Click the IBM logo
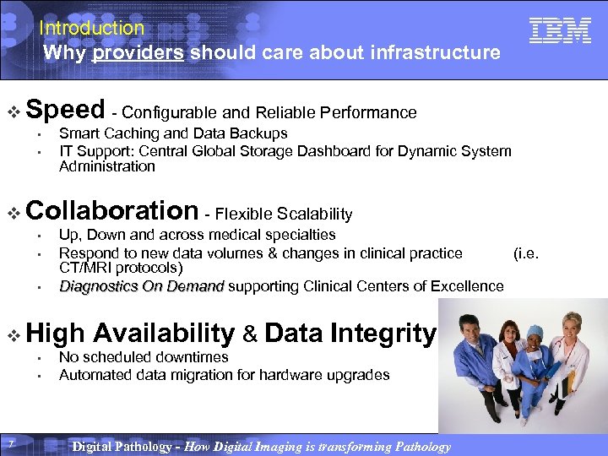point(560,31)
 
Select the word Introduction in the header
point(92,28)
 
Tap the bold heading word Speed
point(66,110)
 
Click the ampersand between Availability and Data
point(249,335)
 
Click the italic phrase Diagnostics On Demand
point(142,286)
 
